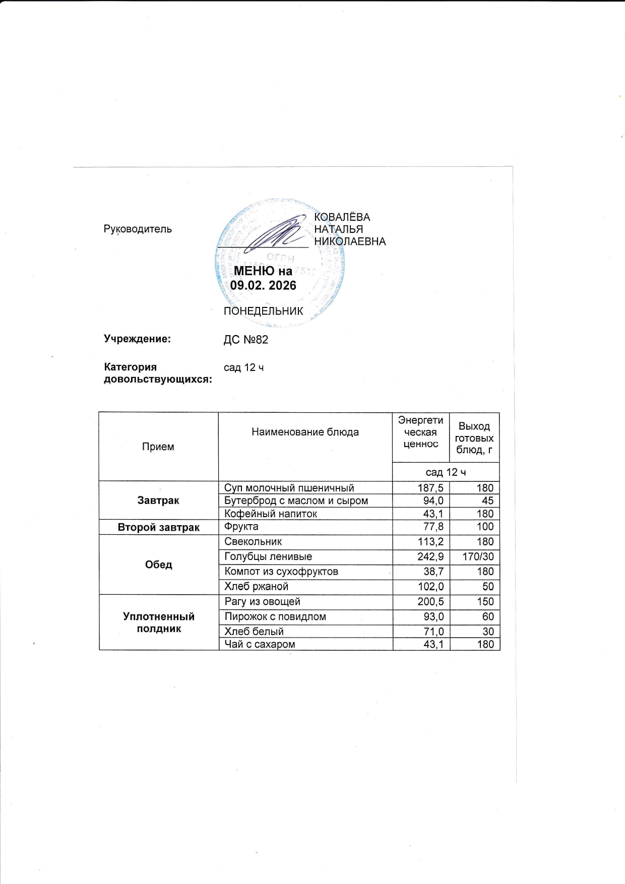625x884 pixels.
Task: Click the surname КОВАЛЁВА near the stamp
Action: tap(342, 217)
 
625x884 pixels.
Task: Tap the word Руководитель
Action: tap(138, 229)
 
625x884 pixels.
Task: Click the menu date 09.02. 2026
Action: tap(263, 285)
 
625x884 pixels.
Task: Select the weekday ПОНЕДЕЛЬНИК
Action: tap(263, 311)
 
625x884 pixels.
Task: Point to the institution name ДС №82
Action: tap(246, 340)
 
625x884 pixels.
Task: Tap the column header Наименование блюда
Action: tap(305, 432)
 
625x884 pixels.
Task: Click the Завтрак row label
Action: tap(158, 500)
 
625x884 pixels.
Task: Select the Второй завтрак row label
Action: tap(158, 527)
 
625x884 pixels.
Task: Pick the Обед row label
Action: tap(158, 564)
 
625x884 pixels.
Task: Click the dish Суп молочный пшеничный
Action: tap(289, 488)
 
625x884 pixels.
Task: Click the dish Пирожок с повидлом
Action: tap(275, 616)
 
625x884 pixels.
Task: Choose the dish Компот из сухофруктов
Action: tap(281, 572)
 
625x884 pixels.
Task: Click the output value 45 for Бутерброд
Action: tap(487, 501)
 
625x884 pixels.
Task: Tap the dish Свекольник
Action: tap(253, 542)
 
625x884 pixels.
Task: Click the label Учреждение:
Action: tap(137, 339)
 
